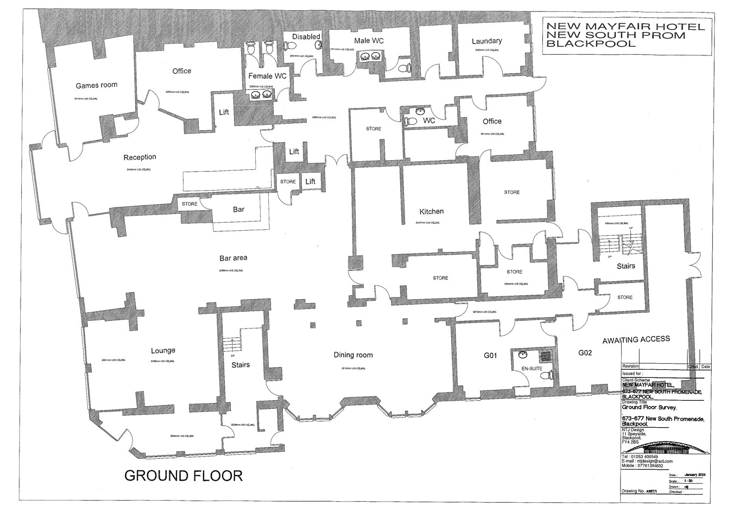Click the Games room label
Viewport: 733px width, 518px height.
coord(96,85)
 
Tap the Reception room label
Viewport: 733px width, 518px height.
coord(140,157)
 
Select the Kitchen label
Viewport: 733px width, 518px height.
coord(431,212)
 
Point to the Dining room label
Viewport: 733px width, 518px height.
coord(353,355)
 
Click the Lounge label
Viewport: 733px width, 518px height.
coord(163,351)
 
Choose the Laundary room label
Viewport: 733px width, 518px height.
coord(486,41)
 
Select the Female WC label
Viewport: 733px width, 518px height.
coord(267,76)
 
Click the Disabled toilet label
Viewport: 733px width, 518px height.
coord(306,37)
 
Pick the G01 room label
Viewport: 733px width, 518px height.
coord(490,356)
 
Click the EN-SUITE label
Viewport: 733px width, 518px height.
coord(532,369)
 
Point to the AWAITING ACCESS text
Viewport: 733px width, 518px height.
coord(636,339)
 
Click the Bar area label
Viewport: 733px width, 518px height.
coord(233,258)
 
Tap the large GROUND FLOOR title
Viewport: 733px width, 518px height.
coord(184,476)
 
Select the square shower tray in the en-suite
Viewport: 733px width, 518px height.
coord(546,356)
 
